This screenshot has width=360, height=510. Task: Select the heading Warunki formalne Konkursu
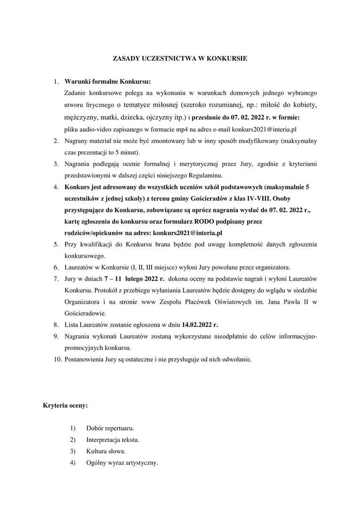click(108, 81)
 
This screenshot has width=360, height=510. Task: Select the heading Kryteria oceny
click(65, 405)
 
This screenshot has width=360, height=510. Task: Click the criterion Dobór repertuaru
click(110, 428)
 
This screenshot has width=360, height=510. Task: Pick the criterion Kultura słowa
click(106, 451)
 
